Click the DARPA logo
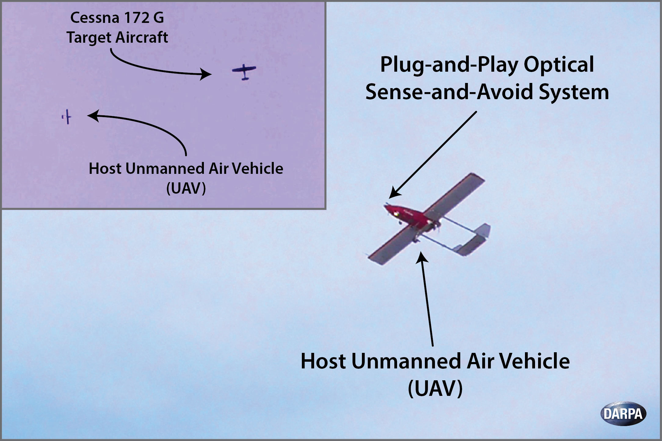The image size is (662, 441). tap(623, 414)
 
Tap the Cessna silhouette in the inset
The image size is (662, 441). tap(244, 72)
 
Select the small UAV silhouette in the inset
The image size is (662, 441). tap(67, 117)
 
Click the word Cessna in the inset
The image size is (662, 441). tap(95, 18)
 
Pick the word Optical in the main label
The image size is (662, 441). tap(559, 65)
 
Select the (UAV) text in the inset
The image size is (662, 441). tap(186, 188)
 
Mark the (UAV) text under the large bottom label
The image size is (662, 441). tap(435, 388)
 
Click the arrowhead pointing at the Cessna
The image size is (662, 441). tap(205, 74)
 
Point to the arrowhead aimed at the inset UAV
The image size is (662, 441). tap(93, 116)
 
